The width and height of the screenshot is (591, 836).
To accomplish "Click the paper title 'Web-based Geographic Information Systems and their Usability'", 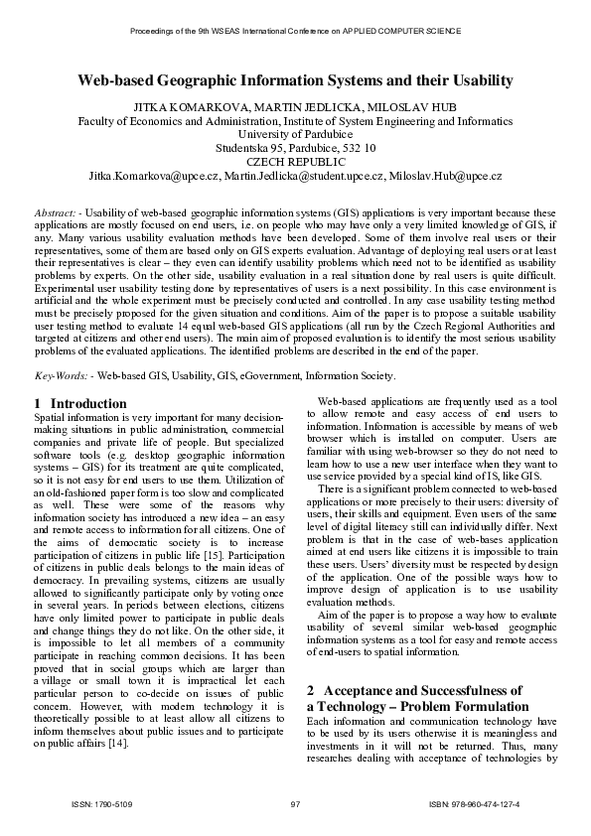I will click(x=295, y=80).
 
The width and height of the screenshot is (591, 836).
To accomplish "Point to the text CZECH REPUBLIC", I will click(x=295, y=161).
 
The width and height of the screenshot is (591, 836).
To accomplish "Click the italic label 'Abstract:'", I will click(x=56, y=213).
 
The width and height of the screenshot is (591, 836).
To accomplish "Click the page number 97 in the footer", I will click(x=295, y=802).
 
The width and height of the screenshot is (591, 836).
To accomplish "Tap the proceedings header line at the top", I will click(x=295, y=32).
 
